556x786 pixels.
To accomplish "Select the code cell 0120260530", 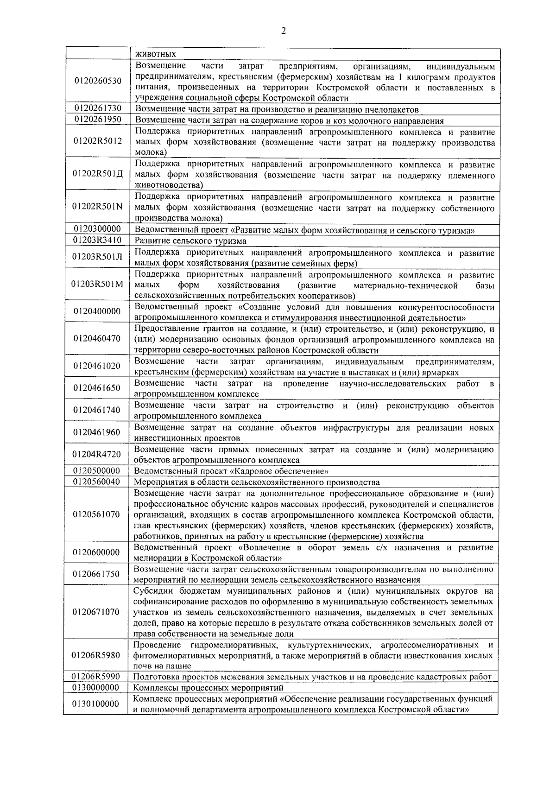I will pos(97,81).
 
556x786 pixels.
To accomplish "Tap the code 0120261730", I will pos(97,108).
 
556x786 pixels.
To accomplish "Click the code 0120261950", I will pos(97,120).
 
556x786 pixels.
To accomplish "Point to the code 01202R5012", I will pos(97,141).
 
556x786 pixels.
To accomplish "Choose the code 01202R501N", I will pos(97,207).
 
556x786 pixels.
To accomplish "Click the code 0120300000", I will pos(97,229).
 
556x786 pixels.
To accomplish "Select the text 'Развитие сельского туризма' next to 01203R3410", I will pos(190,241).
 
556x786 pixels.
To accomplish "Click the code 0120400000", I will pos(97,311).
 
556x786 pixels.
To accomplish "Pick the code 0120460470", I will pos(97,338).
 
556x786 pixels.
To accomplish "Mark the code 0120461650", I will pos(97,388).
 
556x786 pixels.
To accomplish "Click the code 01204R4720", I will pos(97,454).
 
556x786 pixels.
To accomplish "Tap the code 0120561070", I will pos(97,514).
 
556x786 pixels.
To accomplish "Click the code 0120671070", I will pos(97,612).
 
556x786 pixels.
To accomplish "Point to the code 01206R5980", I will pos(97,655).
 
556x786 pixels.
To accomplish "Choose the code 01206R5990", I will pos(97,677).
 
